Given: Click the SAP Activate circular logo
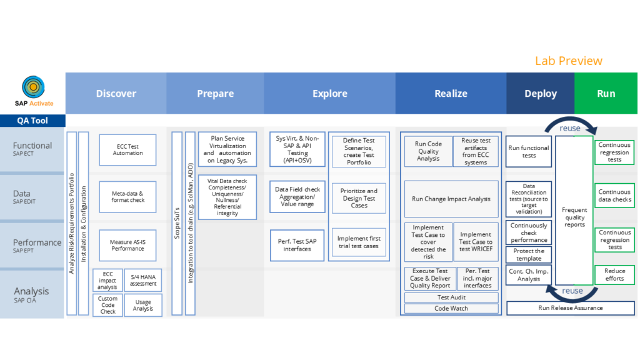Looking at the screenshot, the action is pos(34,86).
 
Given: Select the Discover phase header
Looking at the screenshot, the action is pos(116,94).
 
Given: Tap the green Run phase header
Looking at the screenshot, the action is pos(606,94).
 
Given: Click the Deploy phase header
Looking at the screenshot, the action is pos(541,94).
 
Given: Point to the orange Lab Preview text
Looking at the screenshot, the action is pos(569,61).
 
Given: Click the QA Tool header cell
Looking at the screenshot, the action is pos(32,121).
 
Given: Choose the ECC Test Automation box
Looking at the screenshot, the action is pos(127,150).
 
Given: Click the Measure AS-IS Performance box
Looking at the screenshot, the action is pos(127,245).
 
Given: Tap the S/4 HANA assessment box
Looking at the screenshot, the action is pos(143,280).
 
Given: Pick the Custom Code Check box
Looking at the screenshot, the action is pos(107,305).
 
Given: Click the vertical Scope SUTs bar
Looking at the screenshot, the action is pos(177,223).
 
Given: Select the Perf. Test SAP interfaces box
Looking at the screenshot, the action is pos(297,245).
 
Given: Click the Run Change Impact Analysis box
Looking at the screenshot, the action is pos(451,199).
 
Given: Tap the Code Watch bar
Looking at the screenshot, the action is pos(451,309).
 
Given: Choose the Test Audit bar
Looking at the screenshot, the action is pos(451,297).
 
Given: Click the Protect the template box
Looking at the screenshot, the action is pos(529,255).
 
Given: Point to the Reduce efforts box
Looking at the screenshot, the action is pos(614,275).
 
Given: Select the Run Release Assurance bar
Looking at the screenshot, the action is pos(570,308).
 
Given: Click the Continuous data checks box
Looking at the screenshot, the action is pos(614,196).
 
